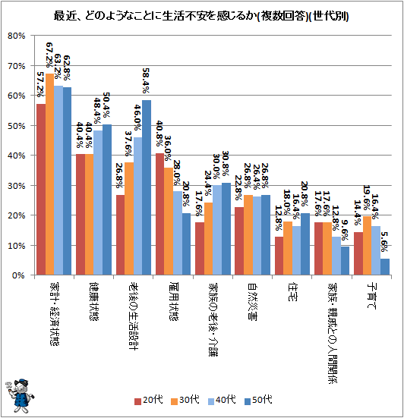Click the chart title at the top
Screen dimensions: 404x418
point(201,17)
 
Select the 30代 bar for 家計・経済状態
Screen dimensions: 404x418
point(49,174)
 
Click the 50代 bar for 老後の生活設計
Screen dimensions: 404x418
point(147,187)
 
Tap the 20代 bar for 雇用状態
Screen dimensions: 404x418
point(159,214)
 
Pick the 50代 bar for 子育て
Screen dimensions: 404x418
point(385,266)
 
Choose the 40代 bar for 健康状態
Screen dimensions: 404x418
point(98,203)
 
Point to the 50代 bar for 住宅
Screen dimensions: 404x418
point(305,244)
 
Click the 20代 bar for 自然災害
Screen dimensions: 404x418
point(239,241)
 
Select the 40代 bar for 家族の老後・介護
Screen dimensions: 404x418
point(217,230)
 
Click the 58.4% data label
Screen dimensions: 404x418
point(146,80)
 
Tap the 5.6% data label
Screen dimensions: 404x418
point(384,242)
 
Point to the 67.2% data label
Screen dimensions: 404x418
point(49,55)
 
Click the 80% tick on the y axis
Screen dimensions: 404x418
point(17,36)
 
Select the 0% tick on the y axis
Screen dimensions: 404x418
point(19,275)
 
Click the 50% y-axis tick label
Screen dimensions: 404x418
point(17,126)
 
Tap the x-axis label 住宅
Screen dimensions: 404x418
point(292,292)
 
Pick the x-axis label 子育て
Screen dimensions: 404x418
point(371,296)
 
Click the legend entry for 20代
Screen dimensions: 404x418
point(149,400)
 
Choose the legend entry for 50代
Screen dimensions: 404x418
point(258,400)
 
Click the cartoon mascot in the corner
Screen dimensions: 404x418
point(20,395)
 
